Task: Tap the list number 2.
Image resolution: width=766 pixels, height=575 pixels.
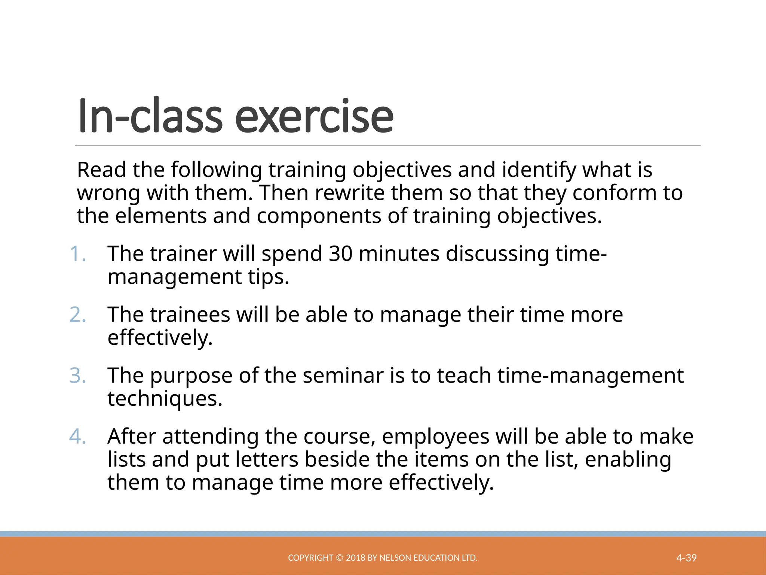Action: pyautogui.click(x=78, y=315)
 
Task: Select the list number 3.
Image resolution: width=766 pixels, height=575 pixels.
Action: pyautogui.click(x=78, y=376)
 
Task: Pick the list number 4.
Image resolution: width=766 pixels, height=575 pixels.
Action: pyautogui.click(x=78, y=437)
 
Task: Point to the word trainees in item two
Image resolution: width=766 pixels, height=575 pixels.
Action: pyautogui.click(x=190, y=315)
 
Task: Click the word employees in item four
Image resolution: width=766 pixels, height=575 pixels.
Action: pyautogui.click(x=435, y=437)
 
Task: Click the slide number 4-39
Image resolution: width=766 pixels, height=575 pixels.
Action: pyautogui.click(x=686, y=558)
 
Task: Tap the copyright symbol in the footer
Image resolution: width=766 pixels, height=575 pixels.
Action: pyautogui.click(x=339, y=558)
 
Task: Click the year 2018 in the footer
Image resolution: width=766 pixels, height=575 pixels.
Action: pyautogui.click(x=356, y=558)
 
